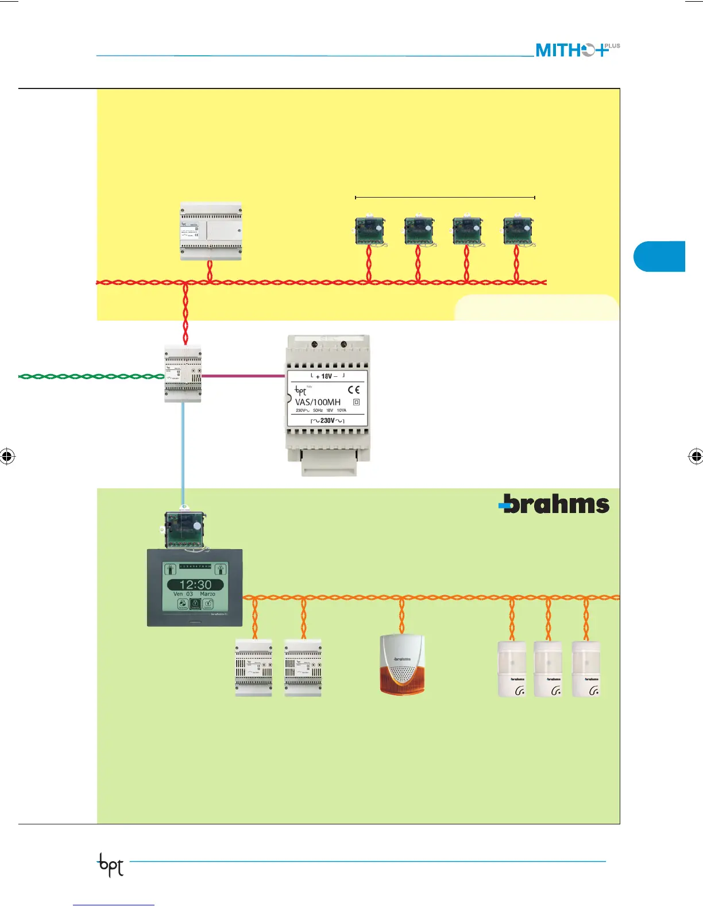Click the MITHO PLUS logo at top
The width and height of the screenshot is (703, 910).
[577, 50]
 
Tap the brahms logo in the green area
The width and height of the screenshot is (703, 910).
[554, 504]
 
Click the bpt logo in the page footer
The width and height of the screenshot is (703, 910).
[110, 864]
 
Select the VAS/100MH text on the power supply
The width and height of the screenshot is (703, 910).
[318, 402]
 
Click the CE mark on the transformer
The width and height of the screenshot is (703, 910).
[354, 390]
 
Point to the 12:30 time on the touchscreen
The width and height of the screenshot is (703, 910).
[195, 584]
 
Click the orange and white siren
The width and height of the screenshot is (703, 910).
[402, 665]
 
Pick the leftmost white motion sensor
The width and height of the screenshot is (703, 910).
[512, 669]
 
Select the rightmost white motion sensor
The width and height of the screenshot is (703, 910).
[586, 669]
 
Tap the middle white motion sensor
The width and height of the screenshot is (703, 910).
[549, 669]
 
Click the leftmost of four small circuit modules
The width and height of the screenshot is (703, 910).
[369, 231]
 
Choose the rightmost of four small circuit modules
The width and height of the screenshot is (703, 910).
[517, 231]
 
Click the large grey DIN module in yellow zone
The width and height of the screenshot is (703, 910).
[211, 231]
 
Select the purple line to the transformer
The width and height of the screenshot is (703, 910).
[244, 376]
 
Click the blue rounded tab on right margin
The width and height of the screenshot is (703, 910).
[660, 256]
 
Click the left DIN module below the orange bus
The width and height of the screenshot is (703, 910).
[253, 668]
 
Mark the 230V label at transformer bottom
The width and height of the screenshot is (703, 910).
[327, 421]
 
